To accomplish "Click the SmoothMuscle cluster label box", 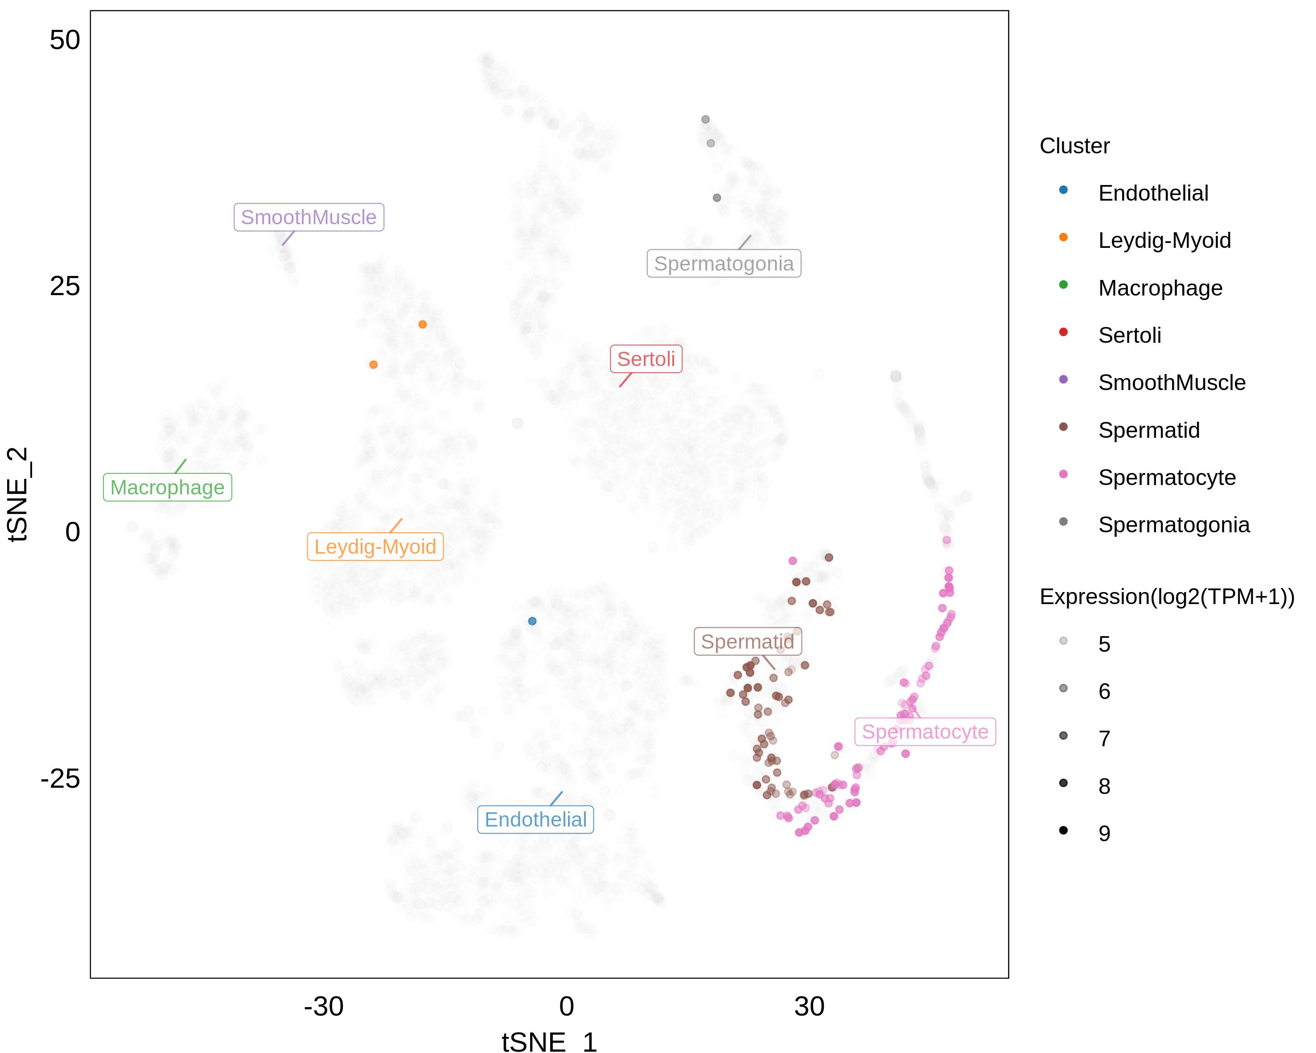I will (309, 217).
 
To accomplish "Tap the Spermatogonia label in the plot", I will (724, 264).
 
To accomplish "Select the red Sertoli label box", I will (646, 359).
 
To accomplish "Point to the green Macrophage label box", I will (167, 488).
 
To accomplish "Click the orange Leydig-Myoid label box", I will (375, 547).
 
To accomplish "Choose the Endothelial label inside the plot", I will (535, 820).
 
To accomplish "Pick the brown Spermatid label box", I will (747, 642).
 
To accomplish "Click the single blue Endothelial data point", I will (532, 621).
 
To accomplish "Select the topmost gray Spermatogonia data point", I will (706, 119).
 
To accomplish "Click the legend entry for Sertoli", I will (1129, 335).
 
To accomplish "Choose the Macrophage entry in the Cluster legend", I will (1160, 288).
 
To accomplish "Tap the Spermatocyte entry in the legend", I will (1167, 477).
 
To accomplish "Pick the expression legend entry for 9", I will (1104, 833).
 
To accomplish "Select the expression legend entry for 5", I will (1104, 644).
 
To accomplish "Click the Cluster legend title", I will (1074, 146).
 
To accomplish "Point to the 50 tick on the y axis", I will (65, 40).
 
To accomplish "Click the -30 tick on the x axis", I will (324, 1007).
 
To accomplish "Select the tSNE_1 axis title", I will (549, 1042).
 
